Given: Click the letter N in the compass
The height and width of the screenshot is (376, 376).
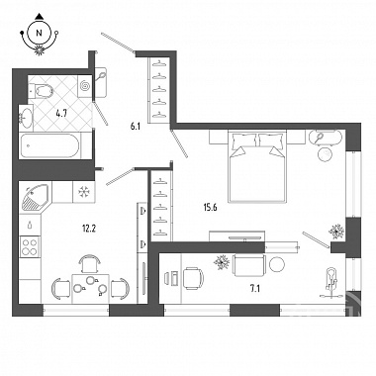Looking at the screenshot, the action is [40, 33].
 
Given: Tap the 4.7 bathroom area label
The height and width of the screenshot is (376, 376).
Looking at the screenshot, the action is [61, 114].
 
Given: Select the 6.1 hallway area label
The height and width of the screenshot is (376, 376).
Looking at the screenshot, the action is [136, 126].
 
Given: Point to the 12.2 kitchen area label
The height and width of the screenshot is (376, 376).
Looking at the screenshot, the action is [89, 228].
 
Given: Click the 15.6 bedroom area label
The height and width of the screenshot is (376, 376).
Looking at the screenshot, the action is [210, 208].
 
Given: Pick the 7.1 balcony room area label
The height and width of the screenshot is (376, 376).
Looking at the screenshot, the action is [254, 289].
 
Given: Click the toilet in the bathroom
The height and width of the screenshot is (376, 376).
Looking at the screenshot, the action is [41, 90].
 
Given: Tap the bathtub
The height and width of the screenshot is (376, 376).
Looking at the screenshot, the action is [49, 146].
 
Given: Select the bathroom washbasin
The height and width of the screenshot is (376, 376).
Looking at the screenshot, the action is [26, 116].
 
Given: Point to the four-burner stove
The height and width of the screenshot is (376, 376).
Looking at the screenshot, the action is [30, 246].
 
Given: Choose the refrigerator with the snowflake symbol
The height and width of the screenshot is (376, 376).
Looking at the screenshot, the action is [84, 192].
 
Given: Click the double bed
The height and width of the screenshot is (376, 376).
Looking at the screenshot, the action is [256, 166].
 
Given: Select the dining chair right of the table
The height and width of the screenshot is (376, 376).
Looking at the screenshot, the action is [120, 289].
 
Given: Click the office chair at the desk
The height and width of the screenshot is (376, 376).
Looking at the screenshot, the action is [193, 278].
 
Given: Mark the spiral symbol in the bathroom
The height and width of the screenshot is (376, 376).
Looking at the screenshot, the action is [85, 86].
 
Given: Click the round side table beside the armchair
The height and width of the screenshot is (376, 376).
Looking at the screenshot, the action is [276, 264].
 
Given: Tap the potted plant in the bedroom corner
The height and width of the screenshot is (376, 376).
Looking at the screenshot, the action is [336, 232].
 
